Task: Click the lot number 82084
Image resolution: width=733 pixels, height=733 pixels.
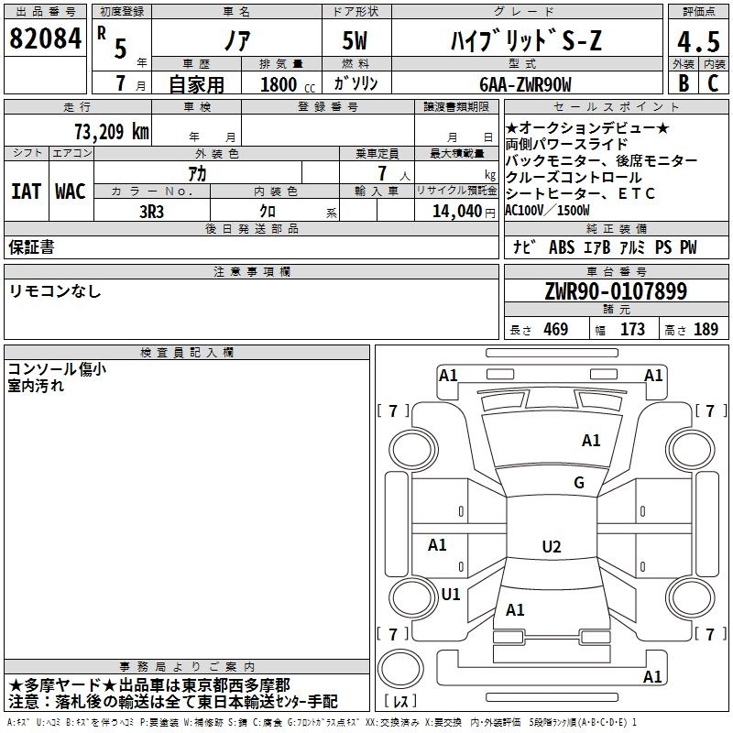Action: [45, 38]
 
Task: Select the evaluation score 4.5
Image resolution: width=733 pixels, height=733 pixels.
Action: [698, 41]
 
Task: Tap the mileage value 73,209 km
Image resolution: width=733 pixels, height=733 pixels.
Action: [112, 132]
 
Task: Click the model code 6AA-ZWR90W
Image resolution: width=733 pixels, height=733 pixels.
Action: [525, 84]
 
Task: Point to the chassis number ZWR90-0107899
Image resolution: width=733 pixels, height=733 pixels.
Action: [616, 291]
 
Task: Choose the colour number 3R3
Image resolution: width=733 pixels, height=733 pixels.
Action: [151, 212]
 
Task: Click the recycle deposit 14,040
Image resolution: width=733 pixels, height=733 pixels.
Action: [457, 212]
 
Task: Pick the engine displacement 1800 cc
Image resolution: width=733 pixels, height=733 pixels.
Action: [288, 84]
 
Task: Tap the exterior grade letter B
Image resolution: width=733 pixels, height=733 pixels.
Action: [684, 83]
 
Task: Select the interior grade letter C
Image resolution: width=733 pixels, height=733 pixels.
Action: [713, 83]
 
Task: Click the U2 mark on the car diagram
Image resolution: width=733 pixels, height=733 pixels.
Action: [552, 546]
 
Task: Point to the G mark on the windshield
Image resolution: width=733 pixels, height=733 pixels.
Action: [579, 482]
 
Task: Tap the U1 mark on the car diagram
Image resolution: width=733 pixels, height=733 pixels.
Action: [451, 594]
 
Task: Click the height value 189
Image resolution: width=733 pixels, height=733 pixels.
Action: [706, 329]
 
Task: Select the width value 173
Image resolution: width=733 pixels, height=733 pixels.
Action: [632, 329]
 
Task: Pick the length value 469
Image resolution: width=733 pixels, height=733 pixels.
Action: [556, 329]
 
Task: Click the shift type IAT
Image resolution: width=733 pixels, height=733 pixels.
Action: [27, 191]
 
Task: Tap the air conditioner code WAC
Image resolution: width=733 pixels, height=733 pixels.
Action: [71, 191]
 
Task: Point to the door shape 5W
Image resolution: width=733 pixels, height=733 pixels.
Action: [355, 40]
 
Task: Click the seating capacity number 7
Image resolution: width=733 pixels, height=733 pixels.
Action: [383, 173]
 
